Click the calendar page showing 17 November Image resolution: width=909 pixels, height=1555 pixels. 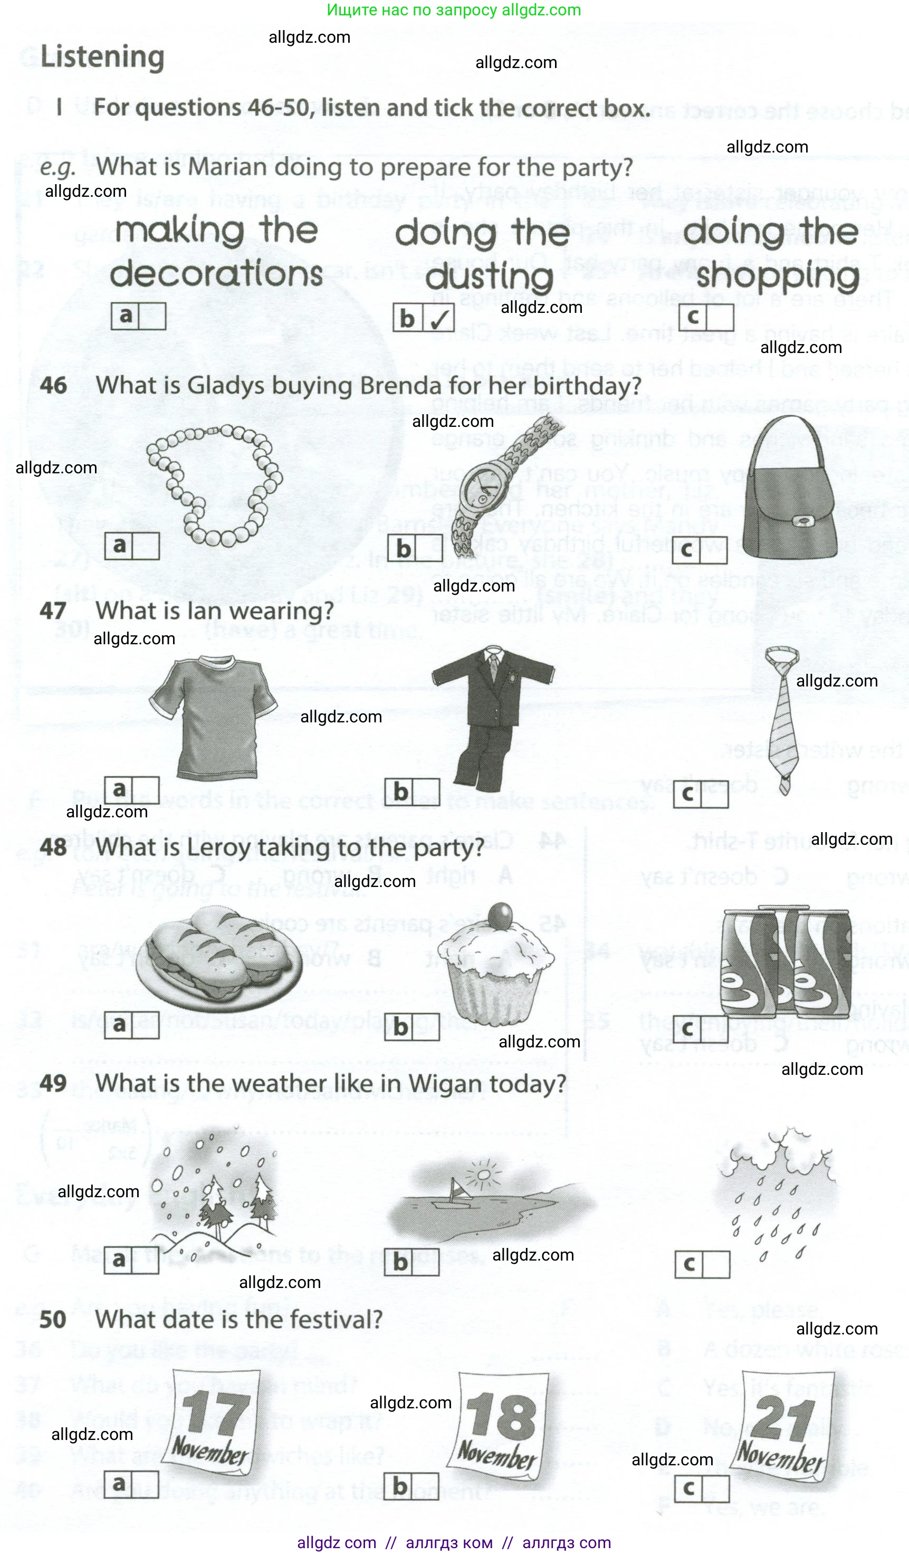pyautogui.click(x=213, y=1425)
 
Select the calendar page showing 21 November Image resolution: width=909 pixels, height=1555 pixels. pyautogui.click(x=784, y=1425)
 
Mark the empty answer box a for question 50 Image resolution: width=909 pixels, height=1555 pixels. pyautogui.click(x=145, y=1485)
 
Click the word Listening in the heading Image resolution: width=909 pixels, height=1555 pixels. pyautogui.click(x=102, y=57)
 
